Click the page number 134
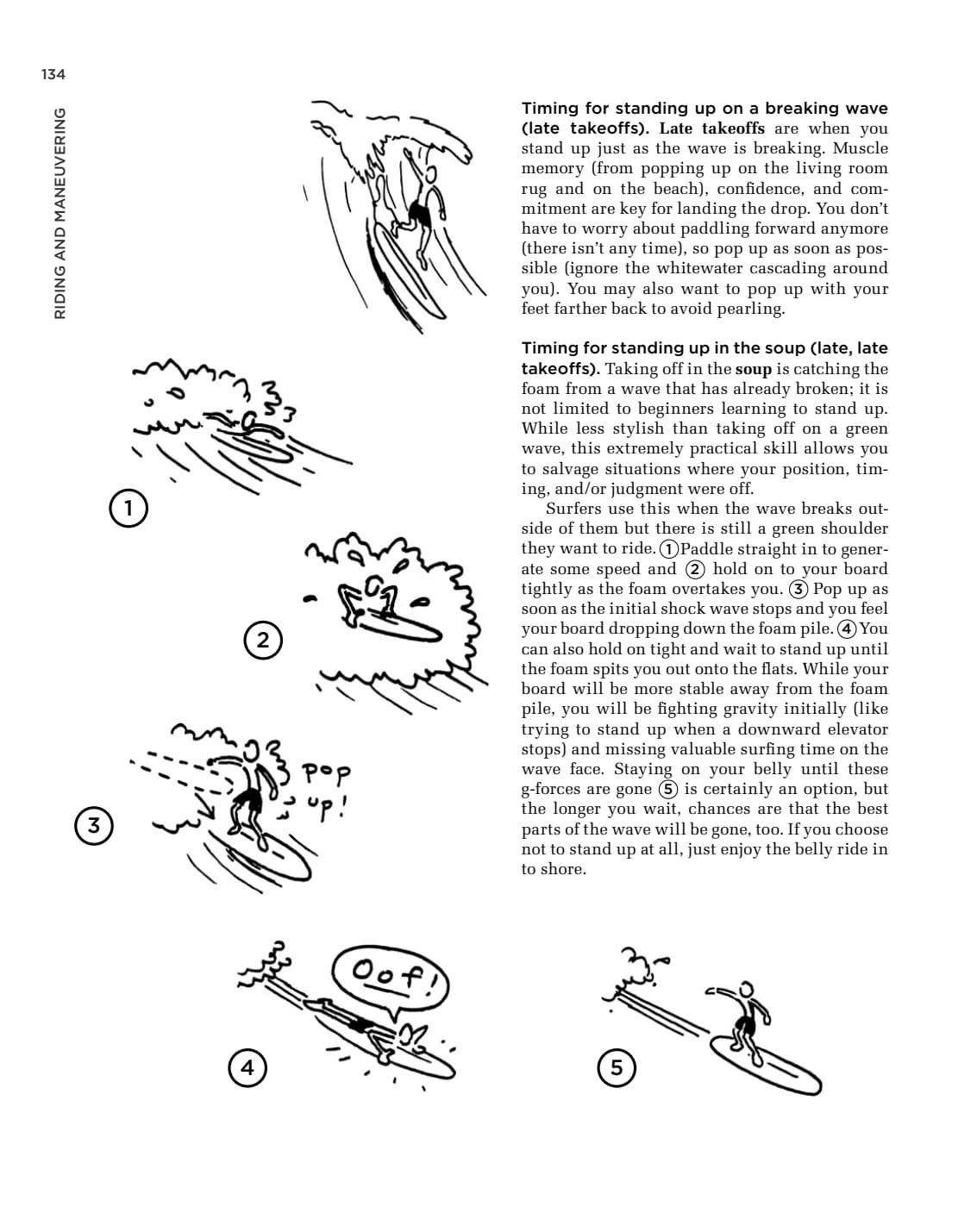pos(53,74)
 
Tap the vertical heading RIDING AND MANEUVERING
pos(59,213)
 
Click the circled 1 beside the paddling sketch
pos(128,508)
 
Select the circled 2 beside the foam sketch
pos(262,640)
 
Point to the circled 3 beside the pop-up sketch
pos(93,825)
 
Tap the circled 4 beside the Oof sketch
pos(247,1067)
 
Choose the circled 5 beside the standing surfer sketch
pos(616,1067)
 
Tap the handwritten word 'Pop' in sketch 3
pos(326,773)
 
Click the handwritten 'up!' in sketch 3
pos(327,807)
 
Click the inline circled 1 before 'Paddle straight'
pos(668,548)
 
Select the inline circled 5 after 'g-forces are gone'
pos(668,789)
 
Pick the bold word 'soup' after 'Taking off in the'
pos(753,369)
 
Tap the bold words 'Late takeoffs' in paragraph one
pos(711,128)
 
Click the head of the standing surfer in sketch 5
pos(747,990)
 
